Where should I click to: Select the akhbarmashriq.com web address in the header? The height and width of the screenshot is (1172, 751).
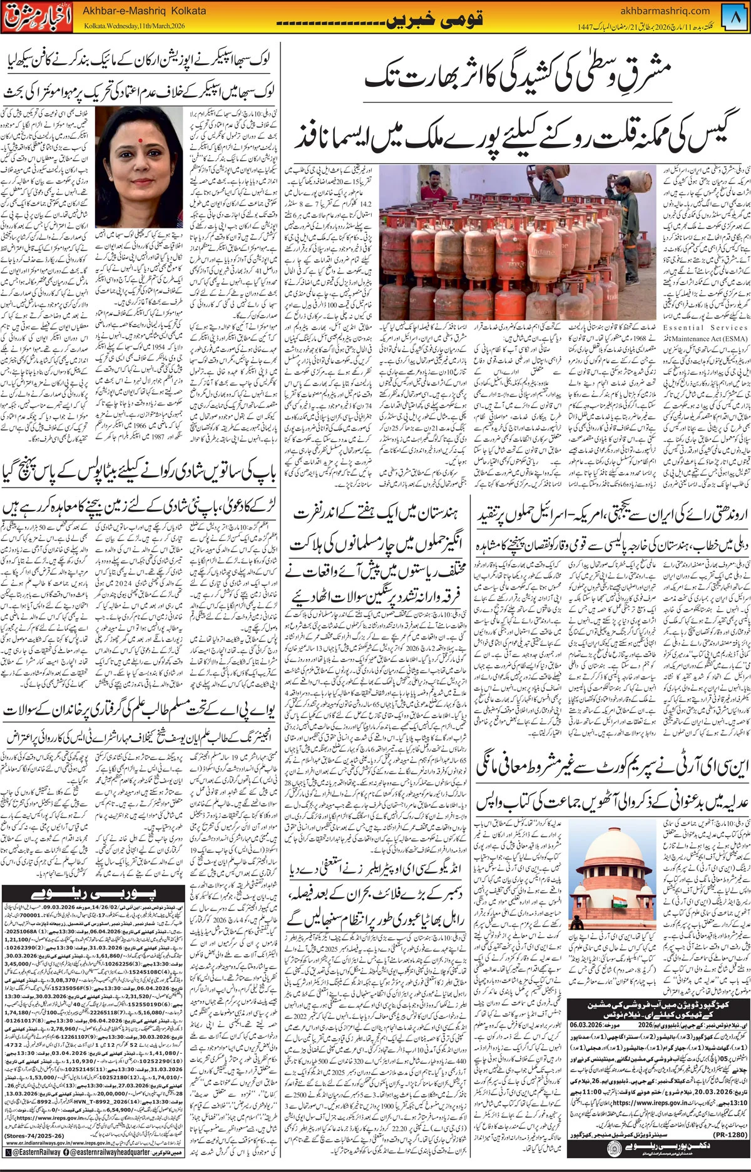655,10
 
